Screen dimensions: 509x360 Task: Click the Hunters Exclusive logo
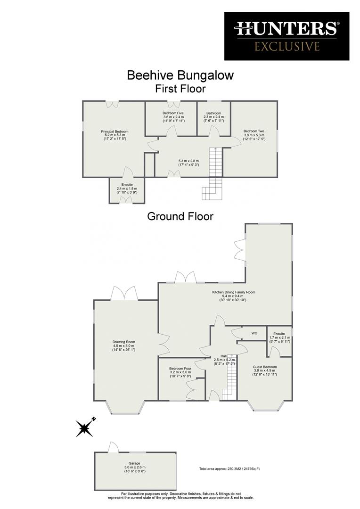pyautogui.click(x=286, y=36)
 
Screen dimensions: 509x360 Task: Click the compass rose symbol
pyautogui.click(x=85, y=427)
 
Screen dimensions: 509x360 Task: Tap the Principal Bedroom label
pyautogui.click(x=115, y=131)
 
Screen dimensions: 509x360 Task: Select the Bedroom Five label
pyautogui.click(x=173, y=113)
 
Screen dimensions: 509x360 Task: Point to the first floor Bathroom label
pyautogui.click(x=213, y=113)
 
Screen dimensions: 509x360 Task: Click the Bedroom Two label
pyautogui.click(x=254, y=131)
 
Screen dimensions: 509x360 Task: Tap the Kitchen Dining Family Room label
pyautogui.click(x=233, y=292)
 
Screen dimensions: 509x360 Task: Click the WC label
pyautogui.click(x=254, y=333)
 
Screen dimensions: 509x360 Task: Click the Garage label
pyautogui.click(x=134, y=463)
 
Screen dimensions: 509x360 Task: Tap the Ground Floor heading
pyautogui.click(x=180, y=216)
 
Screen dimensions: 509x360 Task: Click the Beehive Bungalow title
pyautogui.click(x=180, y=75)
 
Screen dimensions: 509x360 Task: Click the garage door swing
pyautogui.click(x=113, y=447)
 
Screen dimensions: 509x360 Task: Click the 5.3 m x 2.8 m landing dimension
pyautogui.click(x=188, y=161)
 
